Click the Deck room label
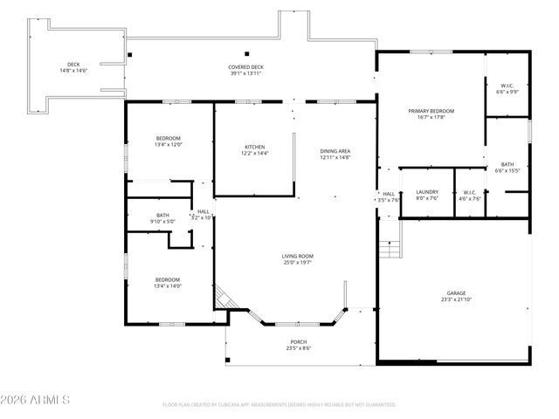(x=74, y=68)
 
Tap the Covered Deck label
(x=245, y=71)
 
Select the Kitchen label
(x=254, y=150)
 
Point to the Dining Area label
(x=335, y=155)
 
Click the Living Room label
(x=297, y=260)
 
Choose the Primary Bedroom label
(x=431, y=114)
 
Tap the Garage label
(x=455, y=297)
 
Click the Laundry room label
(x=427, y=195)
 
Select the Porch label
(x=299, y=345)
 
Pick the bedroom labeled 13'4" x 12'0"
(x=168, y=141)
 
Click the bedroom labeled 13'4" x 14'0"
(x=168, y=283)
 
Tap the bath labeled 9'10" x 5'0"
(x=162, y=218)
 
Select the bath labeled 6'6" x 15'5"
(x=507, y=168)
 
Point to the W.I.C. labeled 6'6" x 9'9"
(x=507, y=88)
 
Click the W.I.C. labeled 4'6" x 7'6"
(x=469, y=196)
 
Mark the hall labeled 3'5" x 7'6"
(x=389, y=196)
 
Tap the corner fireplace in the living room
(x=224, y=299)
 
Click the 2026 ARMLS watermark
(x=35, y=400)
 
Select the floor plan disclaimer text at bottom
(x=279, y=405)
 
